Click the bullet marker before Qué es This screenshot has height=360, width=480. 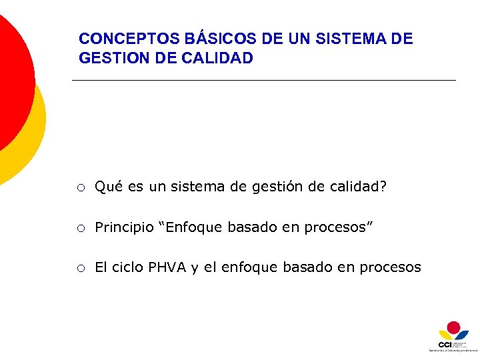pyautogui.click(x=80, y=188)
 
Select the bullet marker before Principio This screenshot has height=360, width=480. pyautogui.click(x=80, y=229)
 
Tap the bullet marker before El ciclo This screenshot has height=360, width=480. pyautogui.click(x=80, y=269)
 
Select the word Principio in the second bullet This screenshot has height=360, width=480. pyautogui.click(x=124, y=227)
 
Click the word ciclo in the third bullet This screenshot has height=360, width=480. pyautogui.click(x=126, y=267)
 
